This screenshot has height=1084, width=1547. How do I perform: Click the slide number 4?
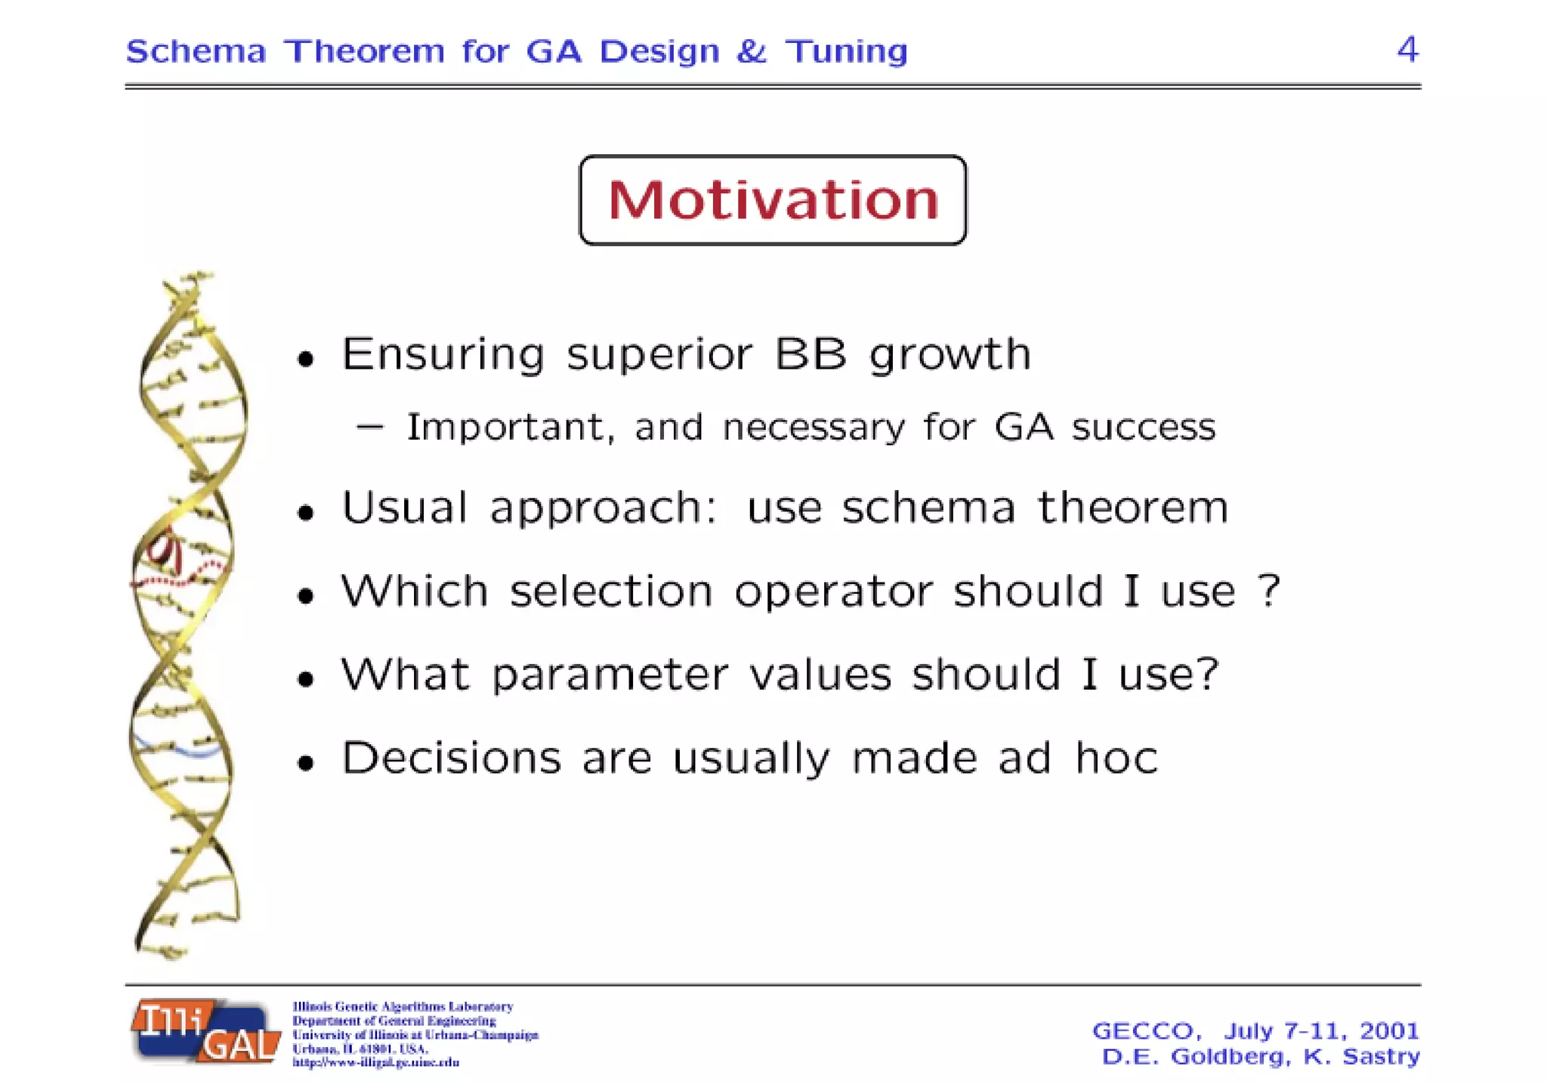click(x=1407, y=50)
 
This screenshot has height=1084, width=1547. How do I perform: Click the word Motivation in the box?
click(x=773, y=200)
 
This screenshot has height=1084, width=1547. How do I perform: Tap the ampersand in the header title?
click(x=751, y=51)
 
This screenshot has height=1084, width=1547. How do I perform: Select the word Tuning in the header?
click(x=846, y=52)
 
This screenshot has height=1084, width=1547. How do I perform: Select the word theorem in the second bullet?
click(x=1132, y=507)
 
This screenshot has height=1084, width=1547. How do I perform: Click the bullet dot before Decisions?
click(x=305, y=764)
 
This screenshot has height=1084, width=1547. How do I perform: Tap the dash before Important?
click(x=370, y=428)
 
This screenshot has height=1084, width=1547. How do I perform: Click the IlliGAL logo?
click(x=205, y=1031)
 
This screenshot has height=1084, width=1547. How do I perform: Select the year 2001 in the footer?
click(x=1389, y=1031)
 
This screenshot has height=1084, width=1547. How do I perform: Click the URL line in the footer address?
click(x=375, y=1063)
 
